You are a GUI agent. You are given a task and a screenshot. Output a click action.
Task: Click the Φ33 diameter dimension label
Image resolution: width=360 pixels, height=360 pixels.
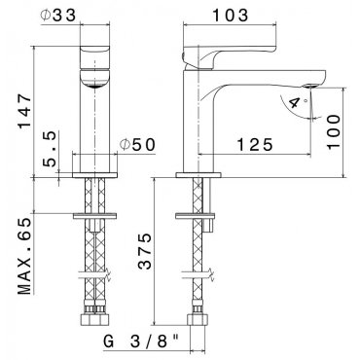pyautogui.click(x=58, y=15)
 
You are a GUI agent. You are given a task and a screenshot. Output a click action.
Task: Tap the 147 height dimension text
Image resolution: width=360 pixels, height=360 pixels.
pyautogui.click(x=25, y=112)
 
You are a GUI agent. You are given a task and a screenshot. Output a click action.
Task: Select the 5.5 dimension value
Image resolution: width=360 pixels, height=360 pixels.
pyautogui.click(x=51, y=149)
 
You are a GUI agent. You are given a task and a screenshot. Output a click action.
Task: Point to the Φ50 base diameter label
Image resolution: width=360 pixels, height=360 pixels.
pyautogui.click(x=137, y=145)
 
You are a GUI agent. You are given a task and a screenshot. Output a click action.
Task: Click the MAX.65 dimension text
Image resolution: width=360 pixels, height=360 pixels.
pyautogui.click(x=25, y=256)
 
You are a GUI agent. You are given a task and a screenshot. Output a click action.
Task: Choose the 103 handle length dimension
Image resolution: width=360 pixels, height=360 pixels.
pyautogui.click(x=230, y=15)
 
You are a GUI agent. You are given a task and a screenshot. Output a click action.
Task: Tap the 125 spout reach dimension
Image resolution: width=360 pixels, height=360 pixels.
pyautogui.click(x=254, y=145)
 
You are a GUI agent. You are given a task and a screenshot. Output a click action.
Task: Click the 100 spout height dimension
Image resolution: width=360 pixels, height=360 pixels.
pyautogui.click(x=334, y=131)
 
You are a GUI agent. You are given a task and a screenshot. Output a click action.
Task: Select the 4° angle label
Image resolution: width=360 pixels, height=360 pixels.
pyautogui.click(x=296, y=103)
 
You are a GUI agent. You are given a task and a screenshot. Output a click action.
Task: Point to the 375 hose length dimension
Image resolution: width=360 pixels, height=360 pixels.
pyautogui.click(x=145, y=251)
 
